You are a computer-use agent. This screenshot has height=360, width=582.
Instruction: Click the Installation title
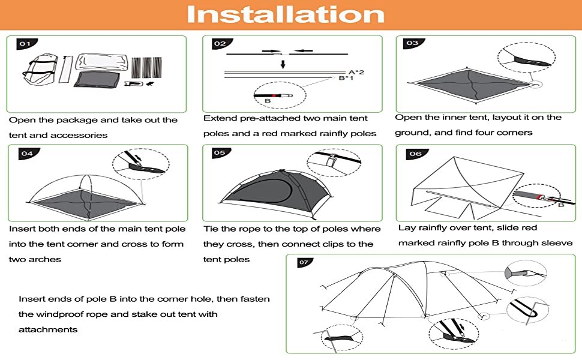(286, 14)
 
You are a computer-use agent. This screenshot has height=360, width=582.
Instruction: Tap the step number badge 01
(26, 44)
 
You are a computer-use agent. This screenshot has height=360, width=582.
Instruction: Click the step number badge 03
(413, 43)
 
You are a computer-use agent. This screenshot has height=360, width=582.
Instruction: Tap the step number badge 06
(416, 154)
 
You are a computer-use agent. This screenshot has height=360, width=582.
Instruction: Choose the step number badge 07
(304, 262)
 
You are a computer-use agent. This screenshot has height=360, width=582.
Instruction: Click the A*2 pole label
(356, 72)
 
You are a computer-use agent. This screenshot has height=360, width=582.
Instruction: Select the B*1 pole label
(346, 79)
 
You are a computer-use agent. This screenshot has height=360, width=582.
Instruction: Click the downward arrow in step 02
(283, 63)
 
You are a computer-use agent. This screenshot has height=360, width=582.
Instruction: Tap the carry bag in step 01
(40, 69)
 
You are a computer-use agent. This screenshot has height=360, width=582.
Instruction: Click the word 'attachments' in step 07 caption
(48, 329)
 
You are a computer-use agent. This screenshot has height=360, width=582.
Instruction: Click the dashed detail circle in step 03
(526, 58)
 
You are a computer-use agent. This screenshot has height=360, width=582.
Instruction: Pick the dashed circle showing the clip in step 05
(334, 163)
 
